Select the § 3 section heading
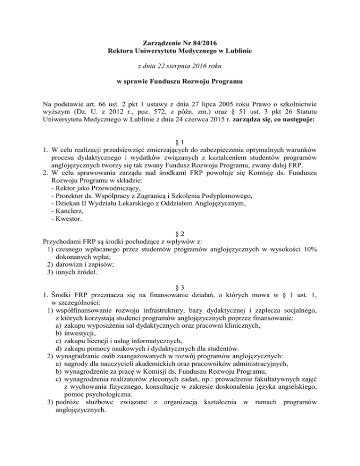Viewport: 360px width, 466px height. point(180,286)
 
